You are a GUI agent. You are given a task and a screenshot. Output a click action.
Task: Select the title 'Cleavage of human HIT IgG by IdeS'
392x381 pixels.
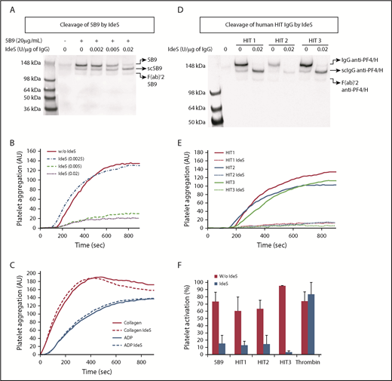tap(296, 24)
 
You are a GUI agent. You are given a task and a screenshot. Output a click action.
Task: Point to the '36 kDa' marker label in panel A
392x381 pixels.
tap(32, 109)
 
